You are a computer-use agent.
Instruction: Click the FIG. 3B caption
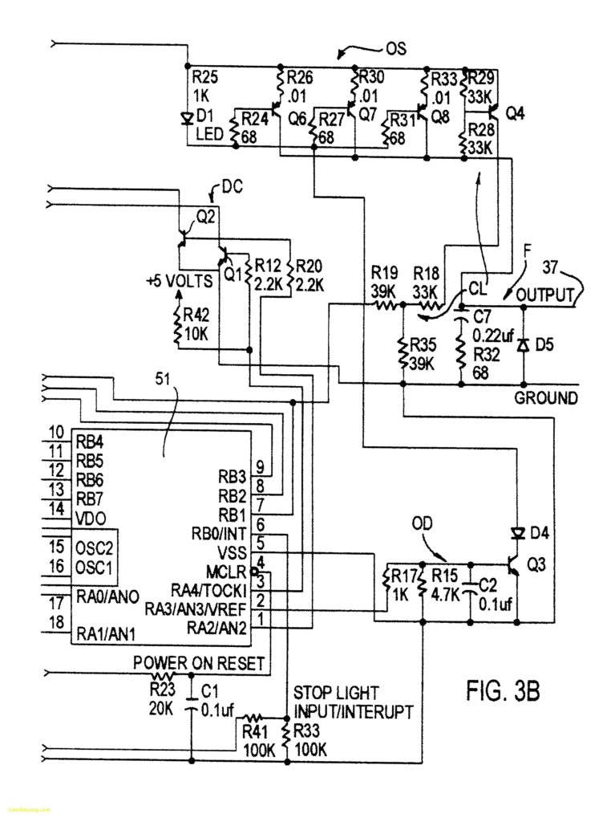pos(503,691)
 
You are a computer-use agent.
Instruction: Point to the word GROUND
pos(545,398)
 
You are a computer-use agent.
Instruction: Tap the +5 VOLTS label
pos(180,282)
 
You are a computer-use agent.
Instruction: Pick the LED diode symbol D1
pos(187,120)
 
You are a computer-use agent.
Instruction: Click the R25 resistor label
pos(204,77)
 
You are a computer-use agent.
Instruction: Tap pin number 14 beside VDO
pos(55,508)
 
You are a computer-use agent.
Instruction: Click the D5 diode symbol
pos(524,344)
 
